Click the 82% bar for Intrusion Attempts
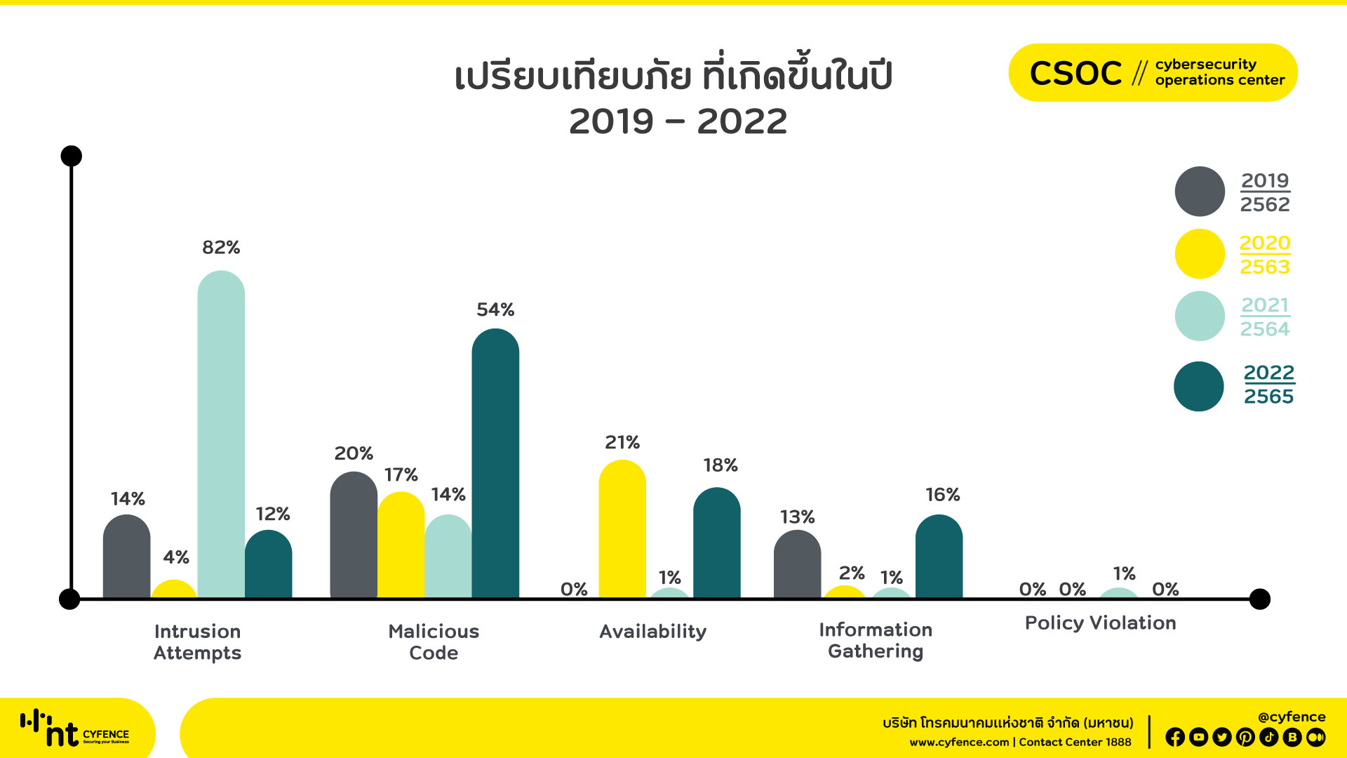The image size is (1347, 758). point(221,435)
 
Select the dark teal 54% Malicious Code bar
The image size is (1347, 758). point(495,463)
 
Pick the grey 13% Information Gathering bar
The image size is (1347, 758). point(797,564)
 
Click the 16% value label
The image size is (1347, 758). point(942,495)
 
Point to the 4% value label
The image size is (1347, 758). point(176,557)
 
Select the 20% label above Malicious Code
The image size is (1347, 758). point(354,453)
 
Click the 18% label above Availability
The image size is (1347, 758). point(721,465)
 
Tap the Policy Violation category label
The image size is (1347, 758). point(1100,623)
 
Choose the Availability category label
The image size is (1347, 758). point(652,632)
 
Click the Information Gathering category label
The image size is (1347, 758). point(876,640)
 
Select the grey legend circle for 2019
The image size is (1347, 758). point(1200,192)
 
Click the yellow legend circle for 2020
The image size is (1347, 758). point(1200,254)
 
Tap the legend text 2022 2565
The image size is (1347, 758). point(1268,385)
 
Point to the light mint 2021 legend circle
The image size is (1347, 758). point(1200,317)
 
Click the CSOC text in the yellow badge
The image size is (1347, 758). point(1075,73)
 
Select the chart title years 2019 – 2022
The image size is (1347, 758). point(678,122)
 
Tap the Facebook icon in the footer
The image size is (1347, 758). point(1175,737)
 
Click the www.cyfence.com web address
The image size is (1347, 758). point(958,743)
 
